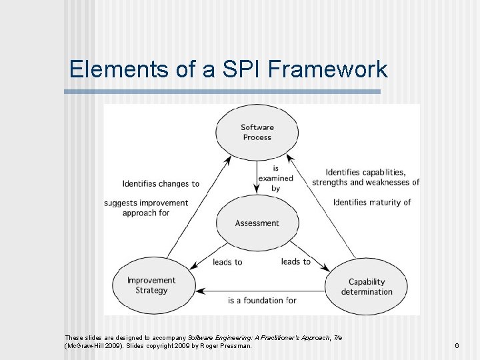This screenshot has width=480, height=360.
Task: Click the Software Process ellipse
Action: tap(257, 132)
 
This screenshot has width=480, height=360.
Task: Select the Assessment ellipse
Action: tap(257, 223)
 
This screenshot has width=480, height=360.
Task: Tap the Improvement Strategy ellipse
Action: tap(151, 285)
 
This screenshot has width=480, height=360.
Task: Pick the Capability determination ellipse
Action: tap(366, 287)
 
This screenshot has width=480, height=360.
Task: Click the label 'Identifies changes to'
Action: tap(161, 184)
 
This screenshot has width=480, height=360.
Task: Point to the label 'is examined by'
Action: tap(275, 178)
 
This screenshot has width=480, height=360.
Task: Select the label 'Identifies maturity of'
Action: tap(372, 202)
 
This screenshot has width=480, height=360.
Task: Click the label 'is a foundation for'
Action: tap(262, 301)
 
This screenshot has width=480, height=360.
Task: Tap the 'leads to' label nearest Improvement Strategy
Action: tap(227, 262)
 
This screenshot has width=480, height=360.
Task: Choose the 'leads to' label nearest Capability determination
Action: tap(295, 261)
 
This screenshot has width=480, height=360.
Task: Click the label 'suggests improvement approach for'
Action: tap(147, 208)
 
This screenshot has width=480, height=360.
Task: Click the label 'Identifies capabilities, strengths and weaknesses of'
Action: tap(365, 177)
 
